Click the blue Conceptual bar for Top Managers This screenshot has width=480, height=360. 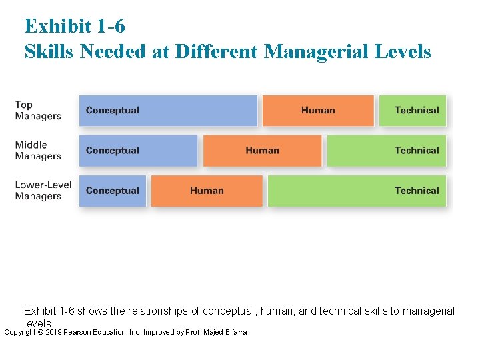click(x=168, y=111)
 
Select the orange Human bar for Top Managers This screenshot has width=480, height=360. click(x=318, y=111)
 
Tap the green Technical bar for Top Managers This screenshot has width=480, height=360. click(x=413, y=111)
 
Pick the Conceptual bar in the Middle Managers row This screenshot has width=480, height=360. click(x=139, y=151)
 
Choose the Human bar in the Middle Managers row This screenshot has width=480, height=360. click(x=262, y=151)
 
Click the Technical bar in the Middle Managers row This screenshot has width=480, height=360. click(x=387, y=151)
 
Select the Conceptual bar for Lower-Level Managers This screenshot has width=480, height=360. click(x=113, y=191)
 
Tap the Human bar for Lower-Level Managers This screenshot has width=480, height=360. click(x=207, y=191)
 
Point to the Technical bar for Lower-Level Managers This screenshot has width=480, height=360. click(x=357, y=191)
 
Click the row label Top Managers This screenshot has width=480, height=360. click(x=38, y=110)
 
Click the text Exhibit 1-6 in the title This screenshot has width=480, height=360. click(x=75, y=26)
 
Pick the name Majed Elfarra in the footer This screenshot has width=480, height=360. click(x=225, y=332)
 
